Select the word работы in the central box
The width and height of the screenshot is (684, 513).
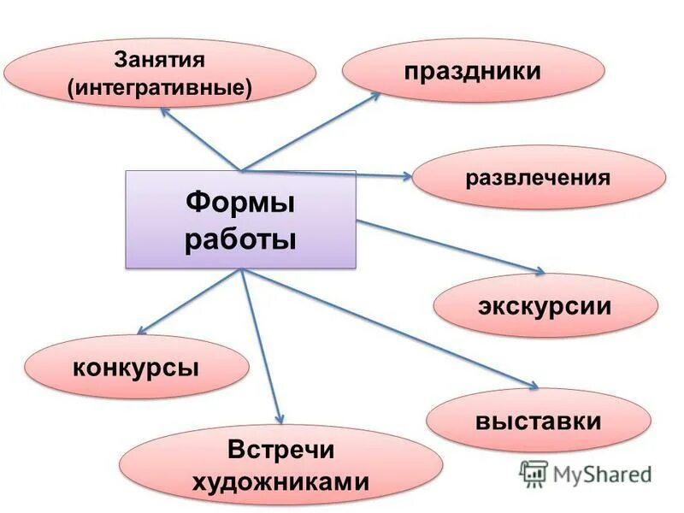(x=240, y=239)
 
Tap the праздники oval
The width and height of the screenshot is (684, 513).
(x=473, y=70)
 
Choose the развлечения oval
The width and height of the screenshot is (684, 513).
(x=538, y=179)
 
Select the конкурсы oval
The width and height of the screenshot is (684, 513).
(x=136, y=368)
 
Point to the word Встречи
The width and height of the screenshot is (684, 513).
(x=280, y=451)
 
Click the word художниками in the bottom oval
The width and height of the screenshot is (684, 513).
(x=280, y=482)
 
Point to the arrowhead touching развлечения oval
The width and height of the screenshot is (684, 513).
(x=407, y=176)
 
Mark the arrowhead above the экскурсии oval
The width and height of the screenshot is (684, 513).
(x=540, y=272)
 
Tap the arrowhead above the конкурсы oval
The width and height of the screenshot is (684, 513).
(x=142, y=330)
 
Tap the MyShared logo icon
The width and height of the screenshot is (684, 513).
(x=534, y=473)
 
